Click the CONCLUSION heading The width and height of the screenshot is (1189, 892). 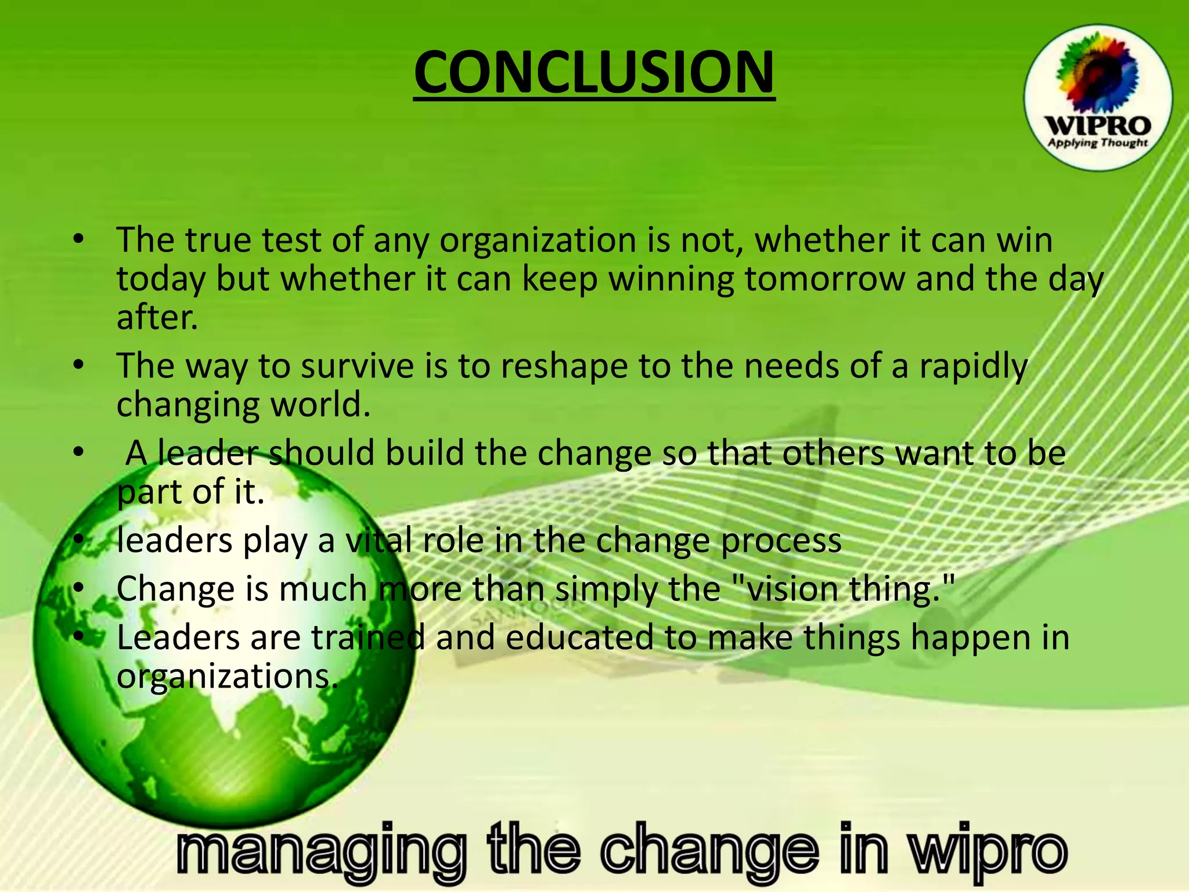click(x=594, y=72)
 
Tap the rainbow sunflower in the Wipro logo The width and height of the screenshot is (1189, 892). click(x=1095, y=75)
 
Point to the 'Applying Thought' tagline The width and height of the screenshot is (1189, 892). click(x=1097, y=143)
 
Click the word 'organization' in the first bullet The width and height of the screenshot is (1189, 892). click(x=538, y=241)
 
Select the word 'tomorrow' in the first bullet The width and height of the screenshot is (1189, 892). click(x=824, y=279)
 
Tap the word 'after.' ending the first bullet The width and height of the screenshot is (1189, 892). click(x=157, y=318)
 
